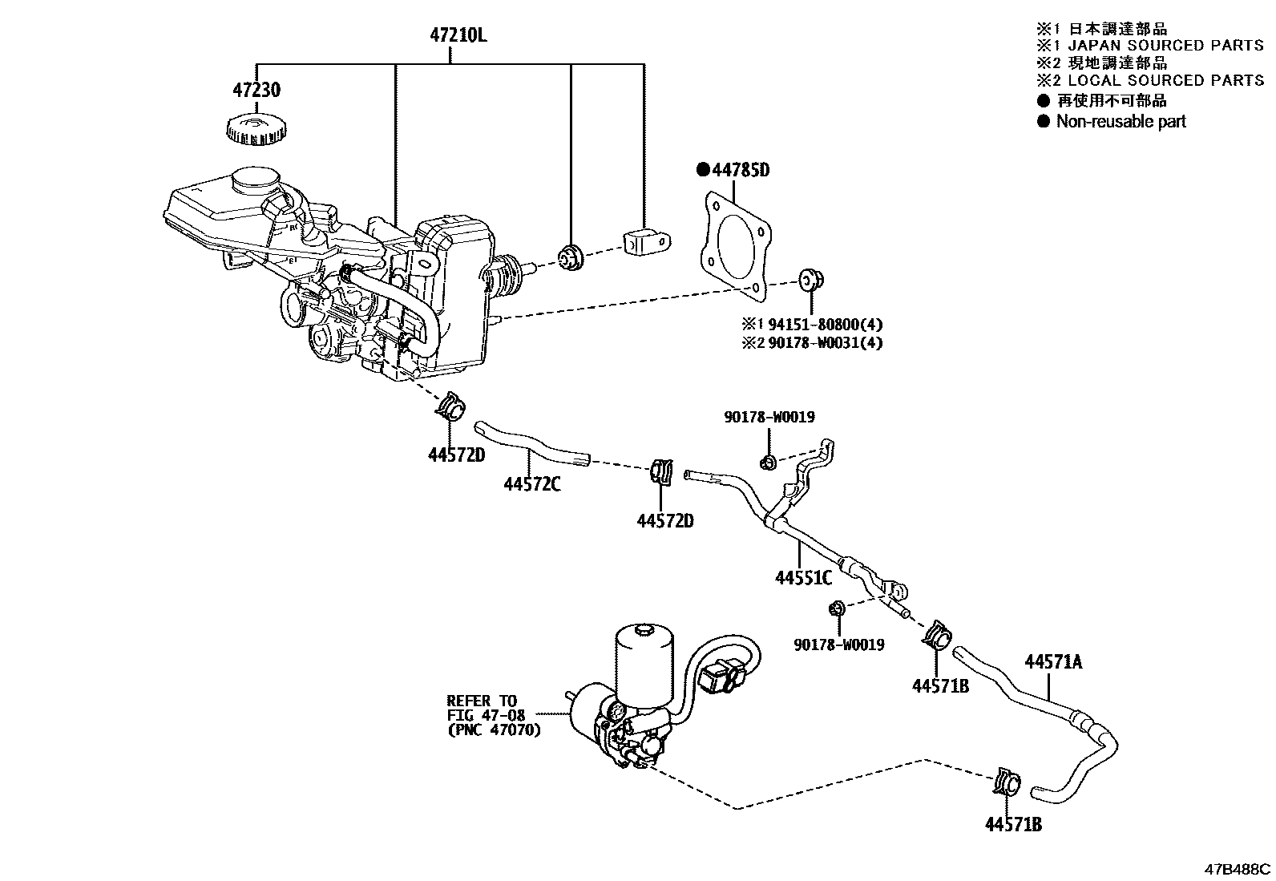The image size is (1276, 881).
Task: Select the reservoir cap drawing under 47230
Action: coord(257,129)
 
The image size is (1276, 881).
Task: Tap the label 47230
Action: coord(256,90)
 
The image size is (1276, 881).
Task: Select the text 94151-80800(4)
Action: coord(826,325)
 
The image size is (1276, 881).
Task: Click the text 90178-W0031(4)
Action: coord(826,342)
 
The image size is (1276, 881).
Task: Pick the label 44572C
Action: coord(532,484)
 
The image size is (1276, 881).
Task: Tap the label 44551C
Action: coord(803,577)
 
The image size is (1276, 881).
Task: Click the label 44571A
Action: coord(1053,661)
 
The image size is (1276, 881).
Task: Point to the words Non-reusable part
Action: coord(1121,122)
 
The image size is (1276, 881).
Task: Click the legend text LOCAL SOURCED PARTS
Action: coord(1165,80)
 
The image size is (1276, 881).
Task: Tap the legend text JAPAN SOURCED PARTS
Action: coord(1165,46)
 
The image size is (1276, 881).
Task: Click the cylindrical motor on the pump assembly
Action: coord(646,658)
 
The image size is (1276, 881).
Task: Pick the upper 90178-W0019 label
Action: coord(769,418)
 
